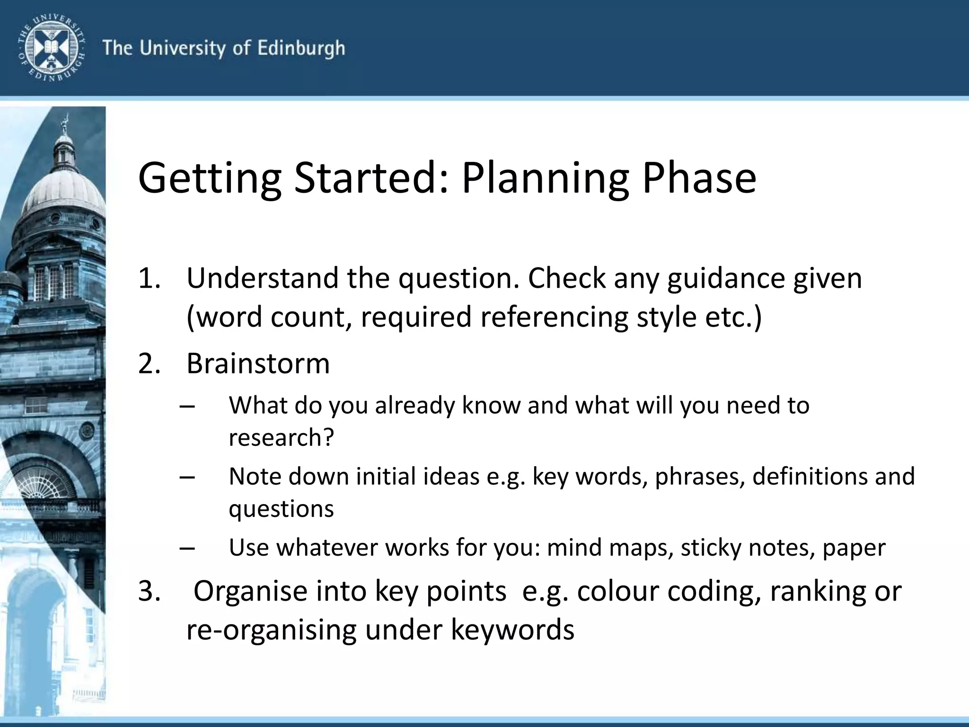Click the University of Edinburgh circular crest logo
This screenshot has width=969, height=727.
51,48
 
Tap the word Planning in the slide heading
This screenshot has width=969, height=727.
545,179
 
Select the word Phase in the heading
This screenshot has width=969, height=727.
699,179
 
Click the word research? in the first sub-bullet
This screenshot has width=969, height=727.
282,438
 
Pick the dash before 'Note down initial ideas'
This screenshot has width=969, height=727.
187,478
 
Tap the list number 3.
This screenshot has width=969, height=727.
149,592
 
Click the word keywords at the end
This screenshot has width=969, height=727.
512,630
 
